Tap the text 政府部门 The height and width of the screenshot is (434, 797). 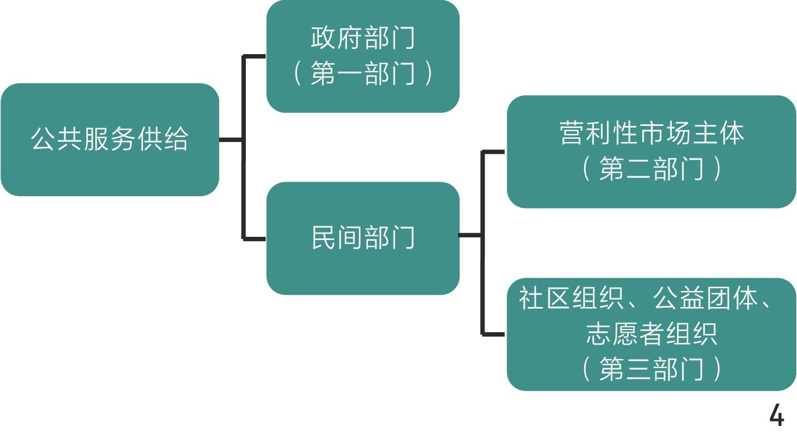click(x=363, y=39)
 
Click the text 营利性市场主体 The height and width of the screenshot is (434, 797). click(x=651, y=133)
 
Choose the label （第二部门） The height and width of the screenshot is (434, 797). click(x=651, y=169)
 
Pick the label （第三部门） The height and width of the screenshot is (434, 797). click(x=651, y=369)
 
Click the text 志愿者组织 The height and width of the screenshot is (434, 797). click(x=651, y=334)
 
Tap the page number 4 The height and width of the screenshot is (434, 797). click(x=776, y=416)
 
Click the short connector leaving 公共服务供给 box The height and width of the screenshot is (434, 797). click(x=231, y=140)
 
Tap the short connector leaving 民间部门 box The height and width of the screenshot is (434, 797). click(x=470, y=235)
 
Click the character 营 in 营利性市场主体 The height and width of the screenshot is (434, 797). click(x=572, y=133)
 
